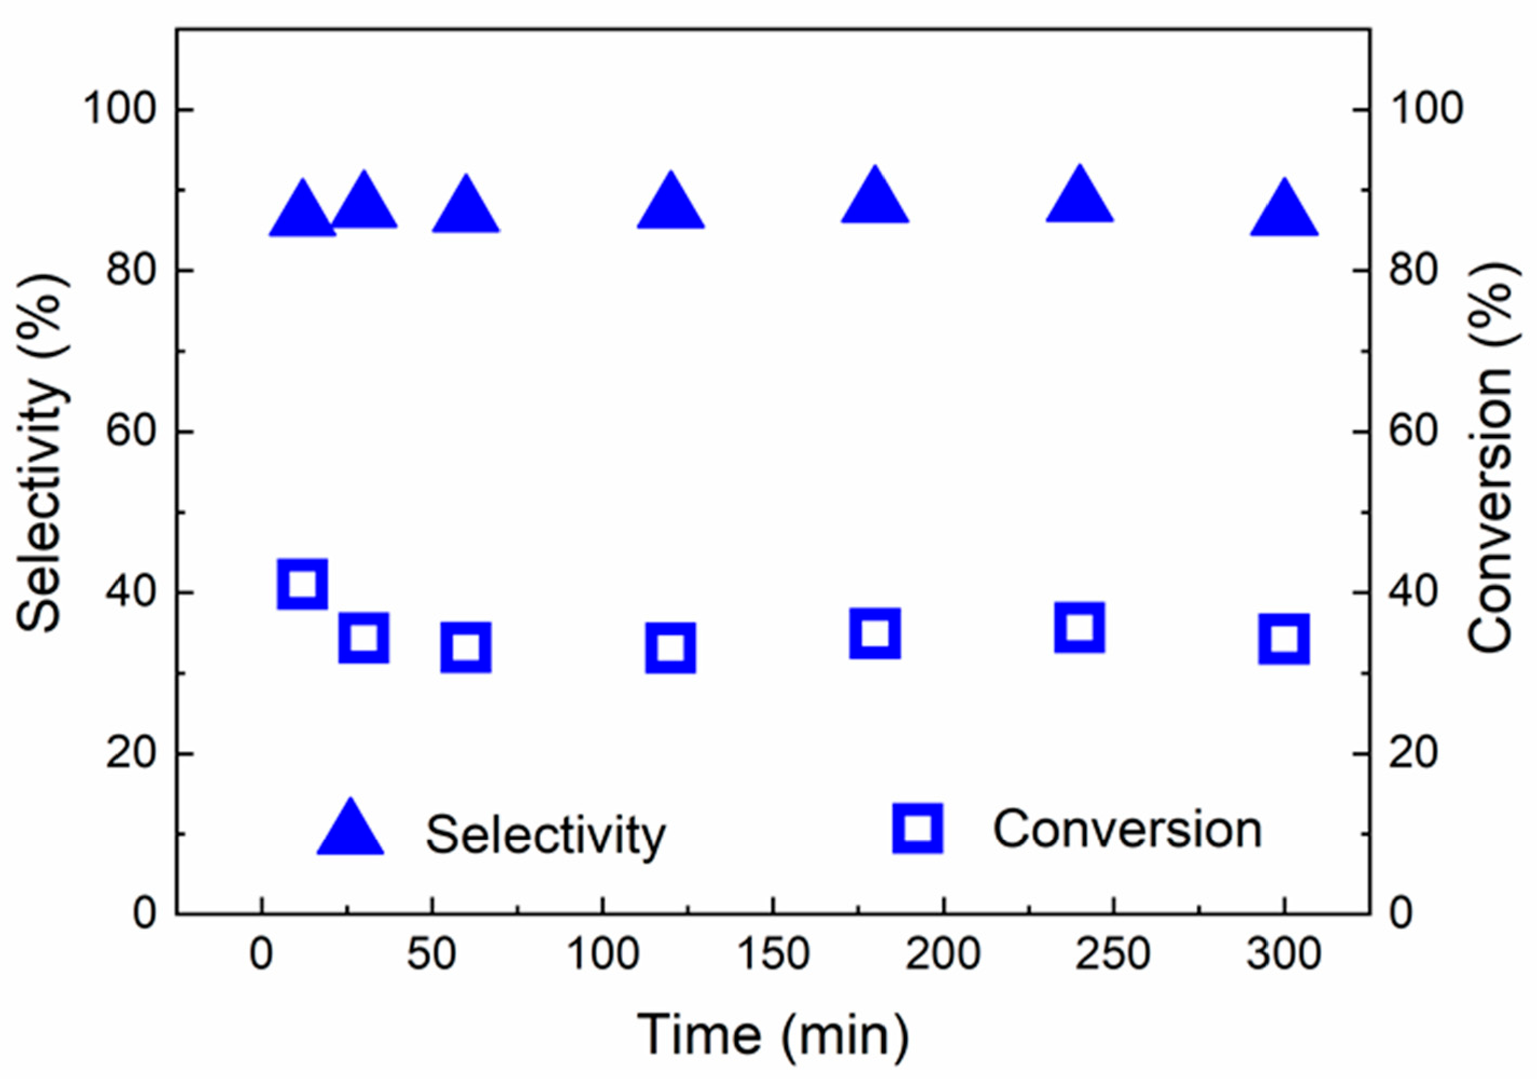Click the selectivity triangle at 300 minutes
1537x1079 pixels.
[x=1284, y=213]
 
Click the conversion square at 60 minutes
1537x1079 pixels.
[x=466, y=647]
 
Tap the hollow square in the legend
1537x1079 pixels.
[x=918, y=829]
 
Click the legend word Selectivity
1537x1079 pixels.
[x=546, y=835]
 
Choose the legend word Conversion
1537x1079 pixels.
[x=1127, y=830]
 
